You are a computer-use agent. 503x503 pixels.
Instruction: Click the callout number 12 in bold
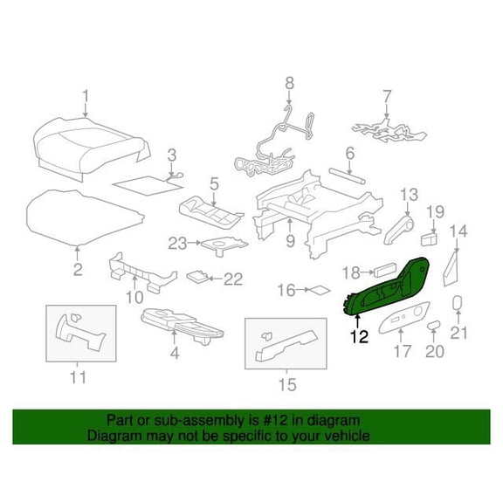click(x=359, y=336)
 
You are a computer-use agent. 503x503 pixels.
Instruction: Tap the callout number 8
click(x=289, y=84)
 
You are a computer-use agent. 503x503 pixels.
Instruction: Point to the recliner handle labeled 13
click(x=399, y=230)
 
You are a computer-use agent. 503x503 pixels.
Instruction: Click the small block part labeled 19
click(x=430, y=239)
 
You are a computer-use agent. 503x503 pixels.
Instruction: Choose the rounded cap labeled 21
click(x=458, y=302)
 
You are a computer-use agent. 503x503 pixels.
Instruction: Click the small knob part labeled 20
click(x=433, y=325)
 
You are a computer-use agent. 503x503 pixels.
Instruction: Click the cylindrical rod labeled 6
click(x=347, y=176)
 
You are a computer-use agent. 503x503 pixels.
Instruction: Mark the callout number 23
click(x=178, y=244)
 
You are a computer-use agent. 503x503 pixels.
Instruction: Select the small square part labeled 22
click(x=198, y=276)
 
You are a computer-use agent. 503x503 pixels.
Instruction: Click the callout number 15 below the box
click(x=287, y=384)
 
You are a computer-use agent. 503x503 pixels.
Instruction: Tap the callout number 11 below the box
click(x=78, y=377)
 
